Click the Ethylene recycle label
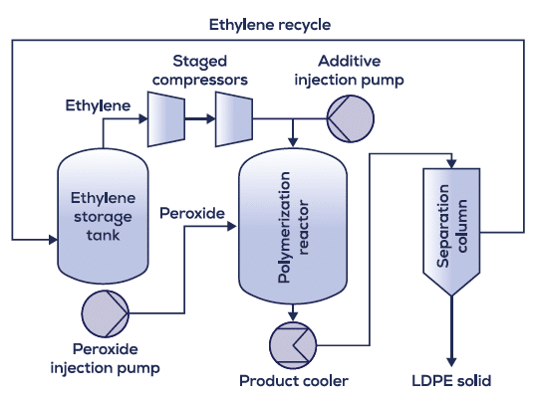[270, 25]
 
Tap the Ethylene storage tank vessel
[103, 216]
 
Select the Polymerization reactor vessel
[293, 226]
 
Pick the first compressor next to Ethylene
[166, 119]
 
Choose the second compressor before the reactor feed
[234, 119]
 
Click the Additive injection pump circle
[351, 118]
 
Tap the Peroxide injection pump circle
[106, 313]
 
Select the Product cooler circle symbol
[293, 345]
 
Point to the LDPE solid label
[451, 380]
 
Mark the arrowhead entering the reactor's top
[293, 142]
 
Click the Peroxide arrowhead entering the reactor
[232, 226]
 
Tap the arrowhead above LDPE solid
[451, 362]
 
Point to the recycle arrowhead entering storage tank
[53, 240]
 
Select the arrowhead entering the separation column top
[451, 164]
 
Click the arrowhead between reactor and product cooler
[293, 316]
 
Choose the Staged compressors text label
[200, 71]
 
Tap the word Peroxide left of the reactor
[192, 213]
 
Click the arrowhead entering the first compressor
[143, 119]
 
